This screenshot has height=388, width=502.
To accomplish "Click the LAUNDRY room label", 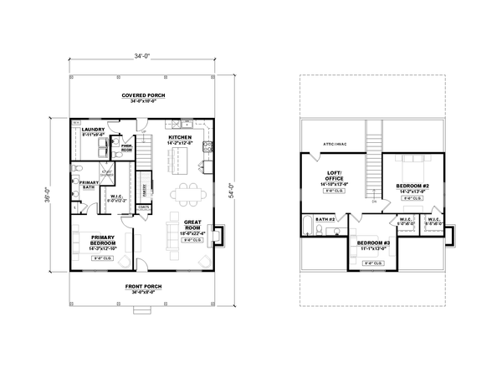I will [88, 130].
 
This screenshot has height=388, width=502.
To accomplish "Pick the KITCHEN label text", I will [180, 137].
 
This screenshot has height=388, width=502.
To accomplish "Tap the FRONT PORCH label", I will [143, 286].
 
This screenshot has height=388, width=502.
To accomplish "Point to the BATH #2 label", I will [326, 219].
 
